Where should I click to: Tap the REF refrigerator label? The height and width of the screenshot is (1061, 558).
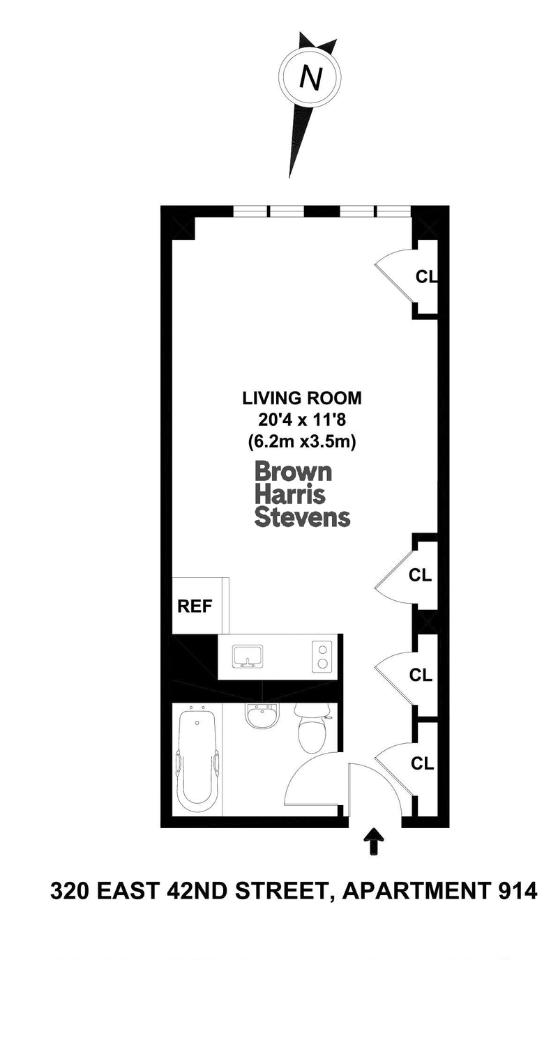pos(195,606)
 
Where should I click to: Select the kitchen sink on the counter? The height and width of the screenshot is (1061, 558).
pos(248,656)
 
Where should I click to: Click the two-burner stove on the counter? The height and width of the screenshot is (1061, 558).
pos(322,657)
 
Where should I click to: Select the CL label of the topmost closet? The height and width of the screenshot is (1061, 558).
pos(425,277)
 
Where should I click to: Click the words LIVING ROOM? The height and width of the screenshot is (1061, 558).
pos(302,398)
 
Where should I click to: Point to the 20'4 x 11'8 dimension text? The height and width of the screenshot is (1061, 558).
pos(302,420)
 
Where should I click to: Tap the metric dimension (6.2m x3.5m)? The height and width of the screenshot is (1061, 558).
pos(302,442)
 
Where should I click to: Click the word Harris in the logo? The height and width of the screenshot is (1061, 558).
pos(290,494)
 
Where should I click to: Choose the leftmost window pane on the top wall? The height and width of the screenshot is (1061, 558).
pos(251,211)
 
